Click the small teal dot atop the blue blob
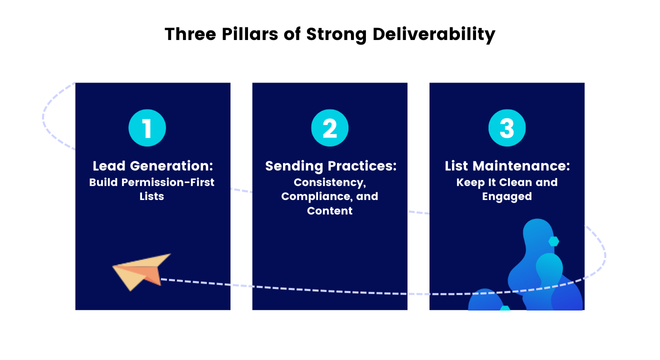(553, 241)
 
